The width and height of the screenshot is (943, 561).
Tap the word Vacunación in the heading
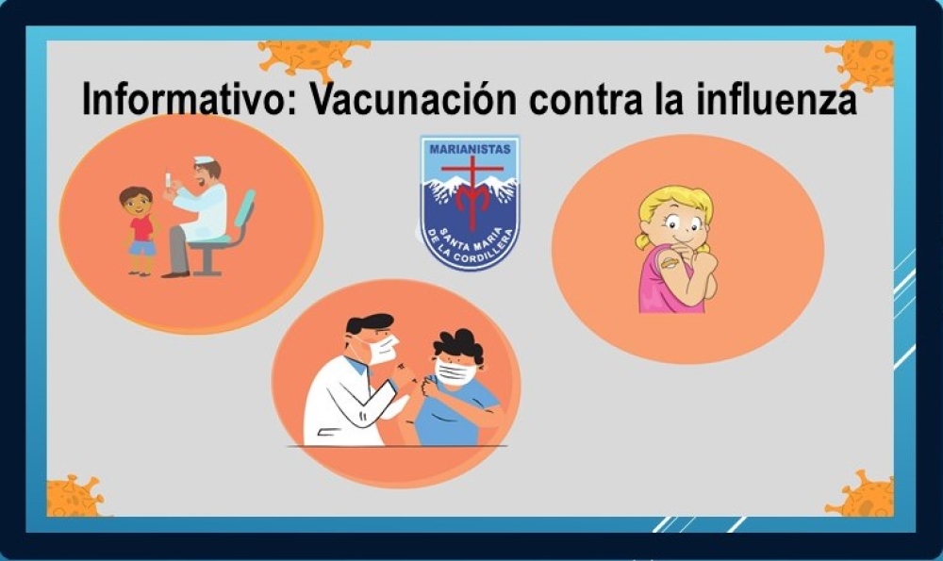point(413,99)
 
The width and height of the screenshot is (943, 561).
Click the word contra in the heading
point(587,100)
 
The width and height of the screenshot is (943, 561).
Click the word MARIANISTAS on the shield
point(470,149)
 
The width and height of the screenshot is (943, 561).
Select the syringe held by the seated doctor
point(168,180)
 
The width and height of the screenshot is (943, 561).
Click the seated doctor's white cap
point(204,160)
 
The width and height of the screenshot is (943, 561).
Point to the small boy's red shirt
point(142,228)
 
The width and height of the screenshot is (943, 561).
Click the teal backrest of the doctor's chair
point(244,208)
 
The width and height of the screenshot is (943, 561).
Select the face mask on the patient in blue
point(455,372)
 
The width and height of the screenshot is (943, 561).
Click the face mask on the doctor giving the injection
point(381,350)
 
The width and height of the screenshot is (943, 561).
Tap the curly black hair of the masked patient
point(459,346)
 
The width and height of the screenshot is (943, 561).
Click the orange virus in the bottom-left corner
point(74,497)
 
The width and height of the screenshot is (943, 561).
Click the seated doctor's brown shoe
point(175,274)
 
